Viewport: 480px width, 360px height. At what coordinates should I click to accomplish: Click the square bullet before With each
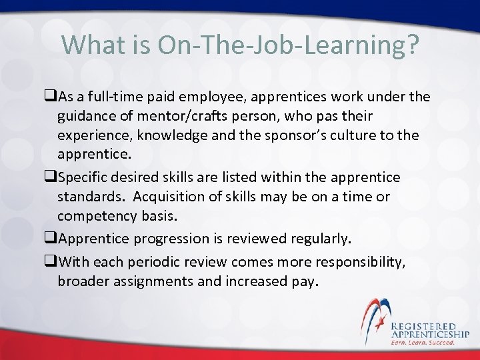pos(51,261)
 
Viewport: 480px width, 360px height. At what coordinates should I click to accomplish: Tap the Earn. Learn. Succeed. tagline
pos(423,343)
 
